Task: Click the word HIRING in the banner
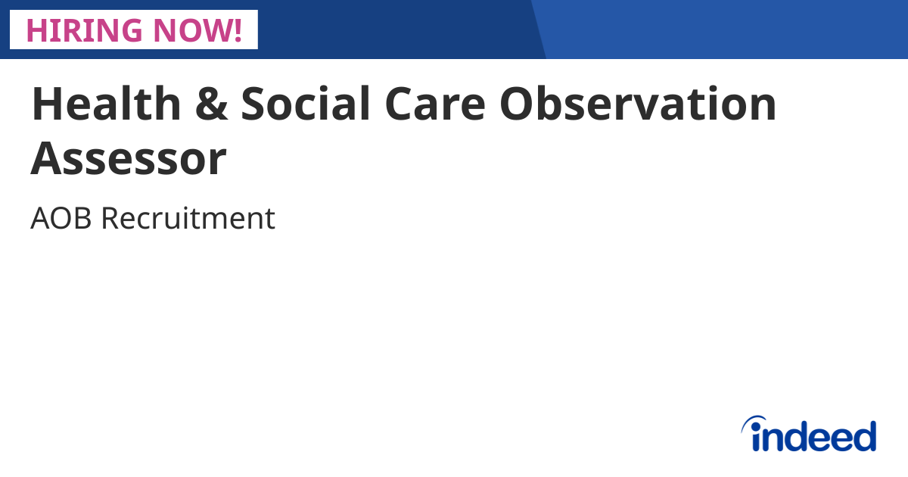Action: [x=83, y=30]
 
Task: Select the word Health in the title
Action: [x=106, y=104]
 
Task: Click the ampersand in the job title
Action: [x=211, y=104]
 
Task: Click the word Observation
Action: [x=638, y=104]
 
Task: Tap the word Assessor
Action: [x=129, y=158]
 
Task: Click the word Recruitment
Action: [x=188, y=219]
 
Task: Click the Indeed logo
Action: [x=809, y=435]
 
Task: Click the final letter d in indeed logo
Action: [x=864, y=436]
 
